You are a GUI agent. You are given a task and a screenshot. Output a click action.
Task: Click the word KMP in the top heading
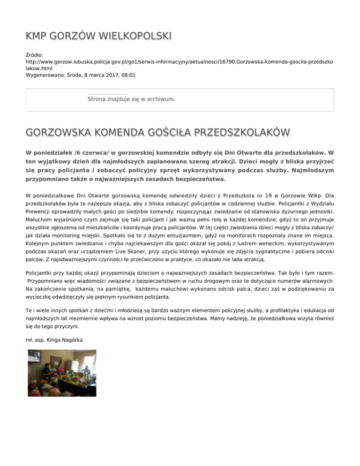point(37,36)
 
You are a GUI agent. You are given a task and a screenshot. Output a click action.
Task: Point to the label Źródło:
point(34,55)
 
